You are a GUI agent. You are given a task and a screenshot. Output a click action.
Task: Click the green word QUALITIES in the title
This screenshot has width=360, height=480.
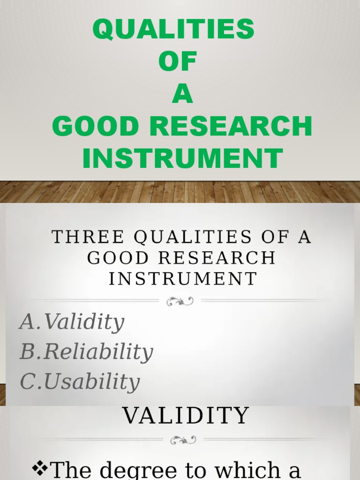coord(173,29)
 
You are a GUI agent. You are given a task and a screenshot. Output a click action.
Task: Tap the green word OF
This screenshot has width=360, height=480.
coord(177,62)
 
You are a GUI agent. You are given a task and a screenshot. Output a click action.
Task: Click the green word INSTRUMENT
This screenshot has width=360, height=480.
coord(182,158)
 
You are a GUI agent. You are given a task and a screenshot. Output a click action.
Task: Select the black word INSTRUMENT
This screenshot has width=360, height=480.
coord(183,278)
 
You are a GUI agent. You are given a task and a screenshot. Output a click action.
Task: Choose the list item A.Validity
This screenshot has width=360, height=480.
coord(72,322)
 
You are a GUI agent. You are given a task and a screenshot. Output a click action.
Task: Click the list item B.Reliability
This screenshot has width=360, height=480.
coord(86,352)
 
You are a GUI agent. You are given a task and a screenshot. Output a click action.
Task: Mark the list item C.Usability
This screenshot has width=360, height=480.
coord(80,382)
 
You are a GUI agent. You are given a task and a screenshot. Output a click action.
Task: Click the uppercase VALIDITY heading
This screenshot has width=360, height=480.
coord(186,415)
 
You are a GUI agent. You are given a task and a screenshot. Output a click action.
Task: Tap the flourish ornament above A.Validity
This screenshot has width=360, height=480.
coord(180,301)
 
